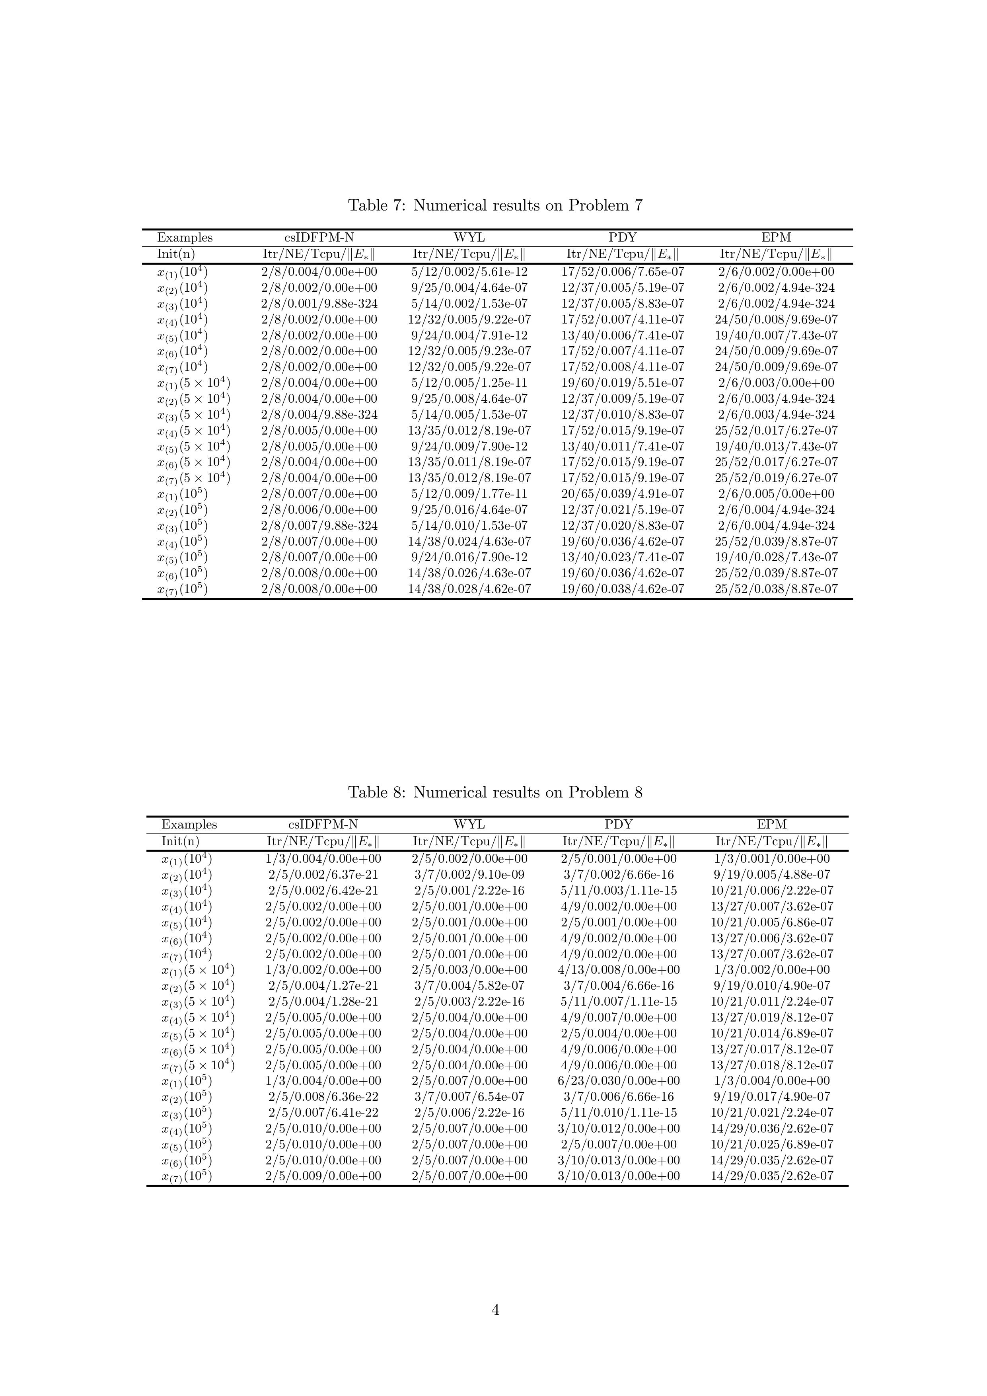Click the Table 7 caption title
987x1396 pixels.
pos(495,205)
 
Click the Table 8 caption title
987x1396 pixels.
pos(495,792)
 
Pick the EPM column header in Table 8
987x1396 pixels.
pos(772,825)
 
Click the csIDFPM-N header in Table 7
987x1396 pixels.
pos(319,238)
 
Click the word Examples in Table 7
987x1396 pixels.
pos(185,238)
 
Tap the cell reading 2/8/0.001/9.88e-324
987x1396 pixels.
pos(319,303)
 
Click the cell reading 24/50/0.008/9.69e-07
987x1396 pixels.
pos(776,319)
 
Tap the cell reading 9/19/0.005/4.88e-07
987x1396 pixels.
pos(772,875)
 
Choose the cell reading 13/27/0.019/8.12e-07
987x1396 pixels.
pos(772,1017)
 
